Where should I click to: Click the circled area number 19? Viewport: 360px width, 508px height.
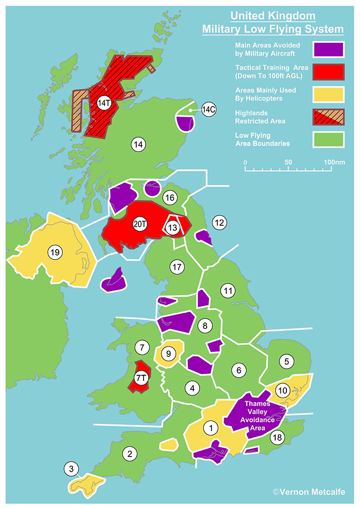pyautogui.click(x=55, y=252)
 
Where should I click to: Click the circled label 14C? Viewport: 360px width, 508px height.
pyautogui.click(x=209, y=110)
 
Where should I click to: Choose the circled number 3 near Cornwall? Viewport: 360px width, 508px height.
pyautogui.click(x=71, y=468)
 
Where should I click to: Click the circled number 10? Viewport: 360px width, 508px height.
pyautogui.click(x=282, y=389)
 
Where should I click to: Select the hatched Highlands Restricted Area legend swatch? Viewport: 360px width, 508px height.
pyautogui.click(x=328, y=118)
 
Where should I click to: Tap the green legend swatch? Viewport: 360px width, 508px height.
pyautogui.click(x=328, y=140)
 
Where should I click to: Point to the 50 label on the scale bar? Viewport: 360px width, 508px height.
pyautogui.click(x=289, y=162)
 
